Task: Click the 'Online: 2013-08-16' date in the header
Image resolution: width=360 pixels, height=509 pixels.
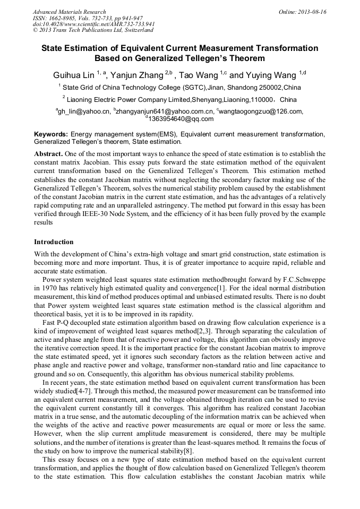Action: click(303, 12)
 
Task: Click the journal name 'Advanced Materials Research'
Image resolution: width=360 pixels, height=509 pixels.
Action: click(69, 12)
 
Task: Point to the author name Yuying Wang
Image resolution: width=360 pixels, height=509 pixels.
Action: click(271, 75)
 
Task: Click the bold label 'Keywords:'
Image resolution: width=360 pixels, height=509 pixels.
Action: click(51, 135)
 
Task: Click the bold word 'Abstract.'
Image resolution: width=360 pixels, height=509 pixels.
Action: click(49, 153)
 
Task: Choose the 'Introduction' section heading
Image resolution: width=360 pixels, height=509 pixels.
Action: click(54, 242)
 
